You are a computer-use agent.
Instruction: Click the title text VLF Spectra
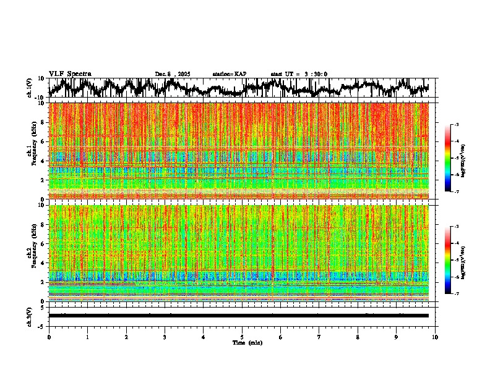click(x=70, y=74)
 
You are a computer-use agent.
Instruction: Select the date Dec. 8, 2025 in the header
click(x=173, y=74)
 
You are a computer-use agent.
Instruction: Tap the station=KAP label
click(x=229, y=74)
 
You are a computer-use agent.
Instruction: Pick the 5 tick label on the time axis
click(x=242, y=337)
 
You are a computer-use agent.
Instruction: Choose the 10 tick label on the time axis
click(x=435, y=337)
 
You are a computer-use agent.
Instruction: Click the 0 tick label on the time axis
click(x=49, y=337)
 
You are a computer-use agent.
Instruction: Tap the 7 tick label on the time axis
click(x=319, y=337)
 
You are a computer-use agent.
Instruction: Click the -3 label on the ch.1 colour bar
click(x=456, y=125)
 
